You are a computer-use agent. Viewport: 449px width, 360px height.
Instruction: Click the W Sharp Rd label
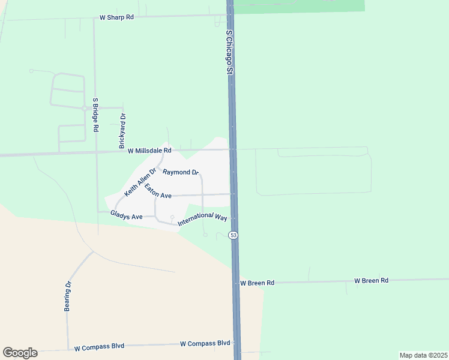coord(116,17)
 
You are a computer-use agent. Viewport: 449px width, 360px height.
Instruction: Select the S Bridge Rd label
coord(95,115)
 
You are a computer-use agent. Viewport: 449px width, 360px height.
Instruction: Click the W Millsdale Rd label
coord(149,151)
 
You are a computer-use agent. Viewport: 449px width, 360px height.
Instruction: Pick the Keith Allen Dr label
coord(140,182)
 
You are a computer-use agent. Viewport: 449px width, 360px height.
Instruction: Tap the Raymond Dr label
coord(181,172)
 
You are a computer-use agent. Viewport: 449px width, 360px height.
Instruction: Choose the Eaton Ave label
coord(158,192)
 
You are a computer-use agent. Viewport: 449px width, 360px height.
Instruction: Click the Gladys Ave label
coord(126,214)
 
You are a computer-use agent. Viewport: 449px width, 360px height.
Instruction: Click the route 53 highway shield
coord(234,235)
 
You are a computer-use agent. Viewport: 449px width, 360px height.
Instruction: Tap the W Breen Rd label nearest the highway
coord(257,283)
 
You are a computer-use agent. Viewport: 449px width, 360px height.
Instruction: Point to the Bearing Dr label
coord(68,297)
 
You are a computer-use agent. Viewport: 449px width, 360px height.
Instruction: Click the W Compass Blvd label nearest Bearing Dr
coord(99,347)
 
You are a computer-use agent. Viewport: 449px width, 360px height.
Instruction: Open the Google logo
coord(20,353)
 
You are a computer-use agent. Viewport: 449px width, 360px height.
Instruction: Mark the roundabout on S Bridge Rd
coord(84,108)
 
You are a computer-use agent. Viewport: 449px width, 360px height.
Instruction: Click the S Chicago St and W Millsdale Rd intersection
coord(232,149)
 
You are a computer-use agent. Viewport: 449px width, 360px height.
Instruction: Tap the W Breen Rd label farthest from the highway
coord(371,280)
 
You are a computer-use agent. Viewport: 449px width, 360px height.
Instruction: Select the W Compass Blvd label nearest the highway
coord(205,343)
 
